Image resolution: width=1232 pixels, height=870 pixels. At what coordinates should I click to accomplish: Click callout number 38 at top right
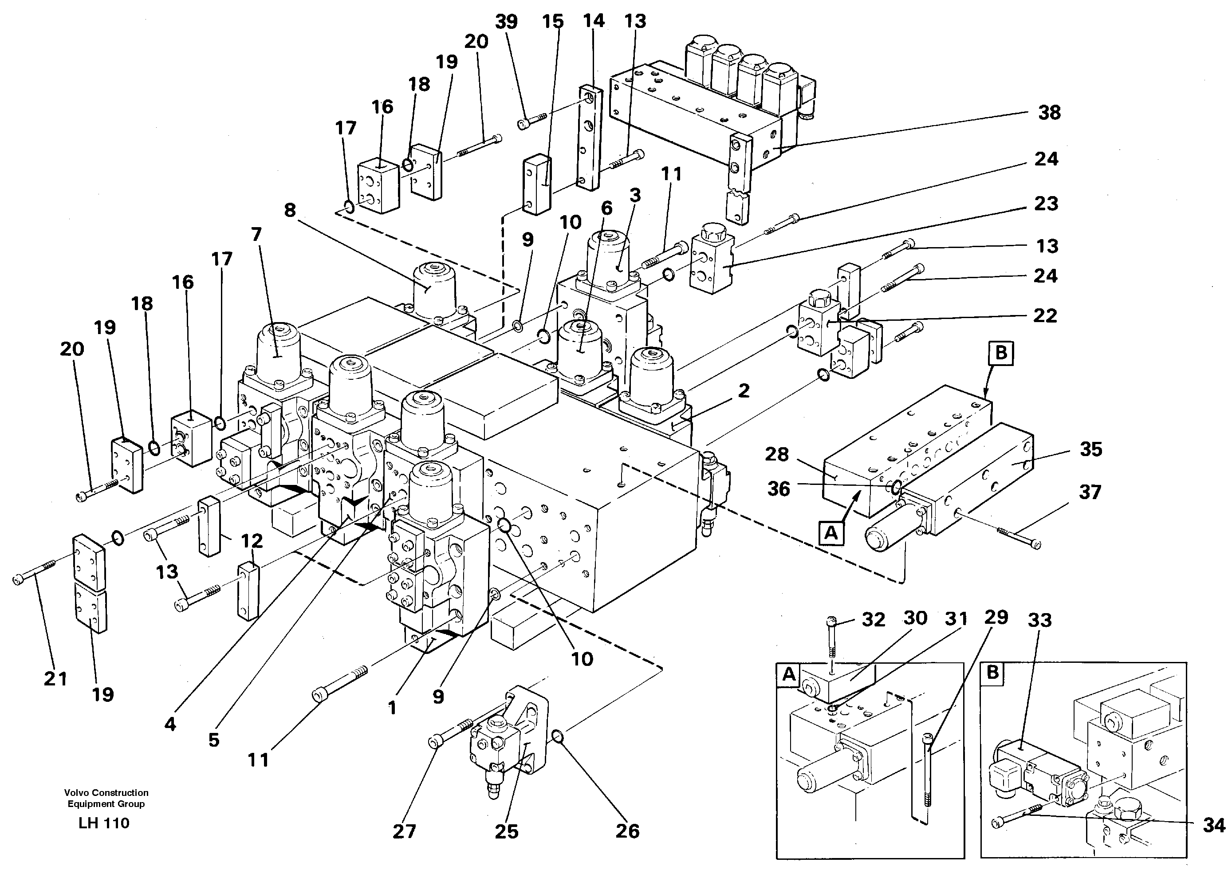[1049, 113]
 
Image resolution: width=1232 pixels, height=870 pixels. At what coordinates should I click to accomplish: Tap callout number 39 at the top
[506, 22]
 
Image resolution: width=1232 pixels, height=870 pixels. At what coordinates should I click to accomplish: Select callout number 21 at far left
[55, 679]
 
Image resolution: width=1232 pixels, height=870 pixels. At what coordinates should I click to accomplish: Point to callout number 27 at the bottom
[404, 831]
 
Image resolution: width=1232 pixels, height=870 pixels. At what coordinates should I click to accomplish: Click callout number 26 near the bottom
[627, 831]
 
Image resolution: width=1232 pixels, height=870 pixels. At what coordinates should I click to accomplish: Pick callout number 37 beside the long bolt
[1090, 492]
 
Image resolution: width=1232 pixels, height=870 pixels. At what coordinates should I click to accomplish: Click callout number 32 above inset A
[873, 620]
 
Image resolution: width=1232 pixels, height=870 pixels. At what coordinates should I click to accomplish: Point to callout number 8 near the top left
[290, 210]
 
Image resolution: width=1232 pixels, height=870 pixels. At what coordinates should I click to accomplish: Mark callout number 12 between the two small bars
[251, 541]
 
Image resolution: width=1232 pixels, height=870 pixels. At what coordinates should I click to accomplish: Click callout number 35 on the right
[1091, 449]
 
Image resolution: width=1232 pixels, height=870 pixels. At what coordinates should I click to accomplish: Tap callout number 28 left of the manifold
[777, 455]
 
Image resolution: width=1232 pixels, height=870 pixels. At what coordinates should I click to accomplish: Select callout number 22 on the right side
[1045, 315]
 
